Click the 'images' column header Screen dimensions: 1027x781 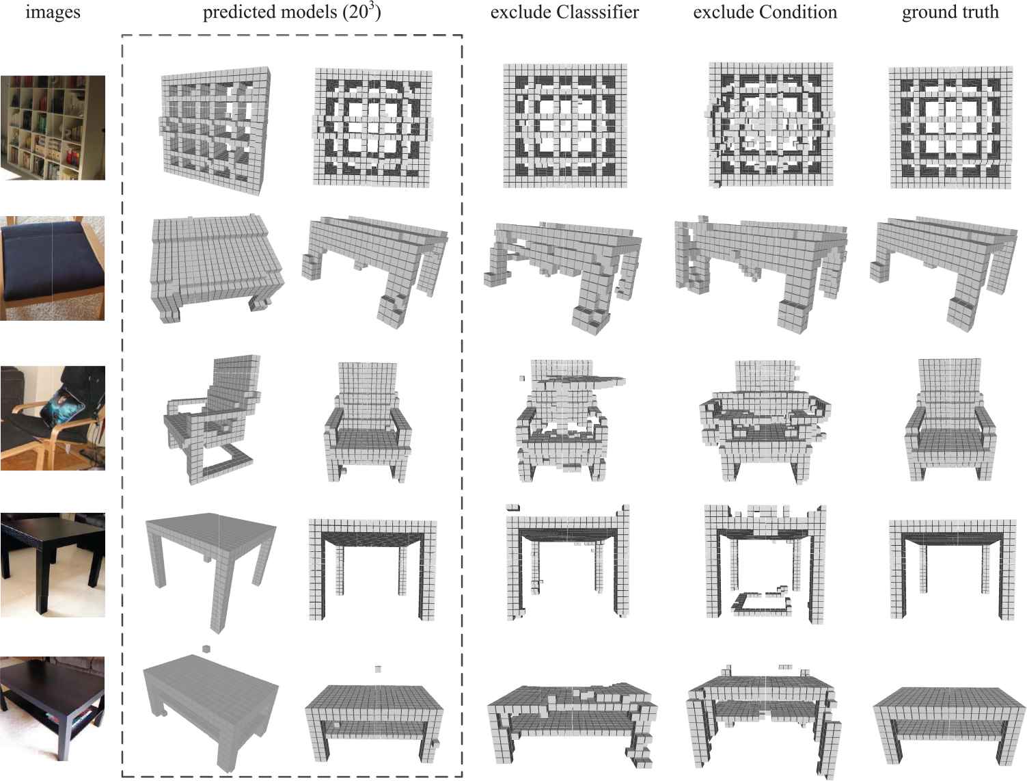point(53,12)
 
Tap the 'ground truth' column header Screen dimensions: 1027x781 point(950,12)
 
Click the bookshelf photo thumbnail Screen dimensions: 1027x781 point(53,128)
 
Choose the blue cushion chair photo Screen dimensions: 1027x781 point(53,268)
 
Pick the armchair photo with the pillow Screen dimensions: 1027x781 point(53,418)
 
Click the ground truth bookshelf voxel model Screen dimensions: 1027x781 point(950,127)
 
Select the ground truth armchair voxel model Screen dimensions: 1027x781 point(950,419)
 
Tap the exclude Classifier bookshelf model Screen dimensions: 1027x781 point(564,125)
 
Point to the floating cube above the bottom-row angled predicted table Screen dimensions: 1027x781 point(206,649)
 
